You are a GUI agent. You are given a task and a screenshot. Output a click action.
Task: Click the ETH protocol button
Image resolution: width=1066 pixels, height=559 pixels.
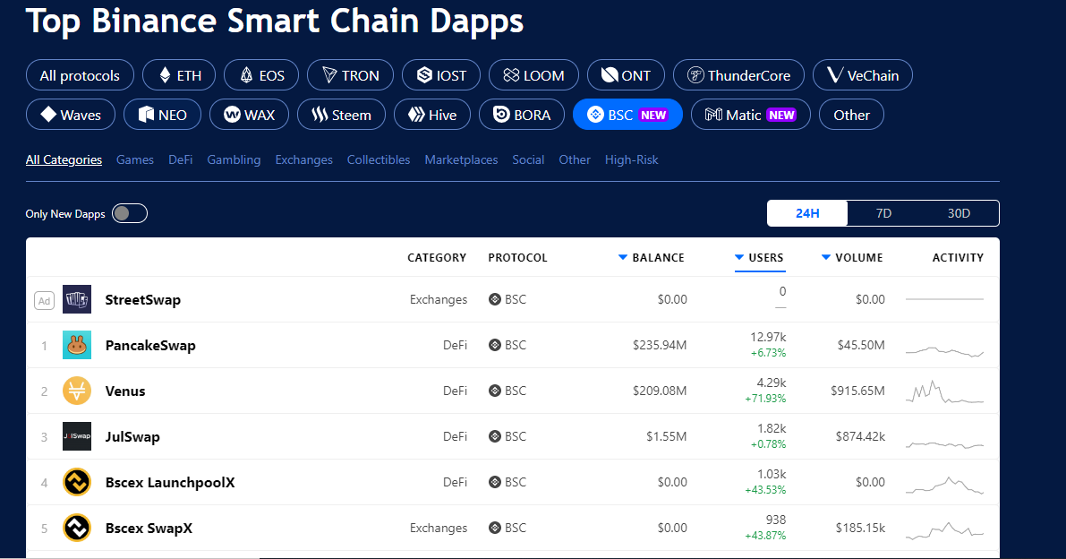179,75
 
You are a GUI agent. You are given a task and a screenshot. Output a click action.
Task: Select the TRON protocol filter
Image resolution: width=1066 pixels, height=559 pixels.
350,75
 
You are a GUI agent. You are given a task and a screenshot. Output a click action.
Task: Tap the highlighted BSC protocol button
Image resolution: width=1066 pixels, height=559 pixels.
627,115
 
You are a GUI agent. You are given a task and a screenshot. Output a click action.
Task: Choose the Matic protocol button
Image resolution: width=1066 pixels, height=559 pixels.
751,115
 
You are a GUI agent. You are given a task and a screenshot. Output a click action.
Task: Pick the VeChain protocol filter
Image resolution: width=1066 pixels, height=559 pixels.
863,75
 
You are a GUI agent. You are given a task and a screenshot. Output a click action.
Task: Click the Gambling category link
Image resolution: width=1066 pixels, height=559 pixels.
234,159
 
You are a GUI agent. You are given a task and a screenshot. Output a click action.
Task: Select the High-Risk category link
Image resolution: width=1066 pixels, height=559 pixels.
632,159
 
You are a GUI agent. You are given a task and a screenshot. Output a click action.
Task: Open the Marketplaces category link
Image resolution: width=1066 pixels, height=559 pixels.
461,159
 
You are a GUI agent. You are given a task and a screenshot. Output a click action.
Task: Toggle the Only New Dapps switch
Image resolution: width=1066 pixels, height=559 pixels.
130,213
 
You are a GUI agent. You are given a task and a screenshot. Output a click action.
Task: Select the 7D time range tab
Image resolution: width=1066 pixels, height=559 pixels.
883,213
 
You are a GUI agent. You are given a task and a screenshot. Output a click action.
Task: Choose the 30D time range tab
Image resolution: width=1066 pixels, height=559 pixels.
959,213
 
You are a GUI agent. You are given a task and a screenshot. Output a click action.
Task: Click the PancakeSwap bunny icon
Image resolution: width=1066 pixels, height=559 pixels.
77,346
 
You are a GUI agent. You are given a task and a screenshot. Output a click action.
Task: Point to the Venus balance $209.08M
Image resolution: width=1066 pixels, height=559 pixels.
660,391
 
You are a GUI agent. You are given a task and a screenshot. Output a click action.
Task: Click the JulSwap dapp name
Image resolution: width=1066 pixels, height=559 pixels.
132,436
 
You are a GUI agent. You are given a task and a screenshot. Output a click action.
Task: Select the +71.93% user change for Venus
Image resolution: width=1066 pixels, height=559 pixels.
765,399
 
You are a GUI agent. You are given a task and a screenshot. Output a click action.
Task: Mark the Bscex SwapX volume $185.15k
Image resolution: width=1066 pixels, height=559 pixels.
860,528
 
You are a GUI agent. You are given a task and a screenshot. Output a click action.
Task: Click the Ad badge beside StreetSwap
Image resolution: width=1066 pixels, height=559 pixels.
44,300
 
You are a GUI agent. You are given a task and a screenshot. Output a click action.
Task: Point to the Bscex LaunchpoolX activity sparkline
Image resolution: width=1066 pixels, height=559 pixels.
945,485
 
